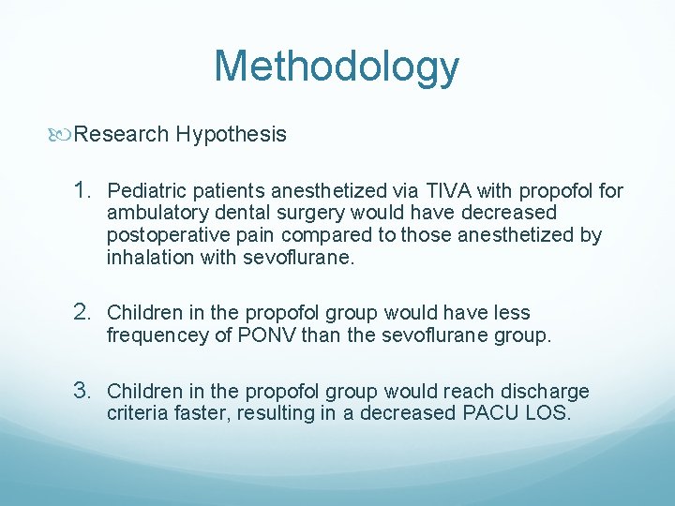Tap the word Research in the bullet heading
click(x=120, y=134)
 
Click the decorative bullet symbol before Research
click(x=64, y=134)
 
